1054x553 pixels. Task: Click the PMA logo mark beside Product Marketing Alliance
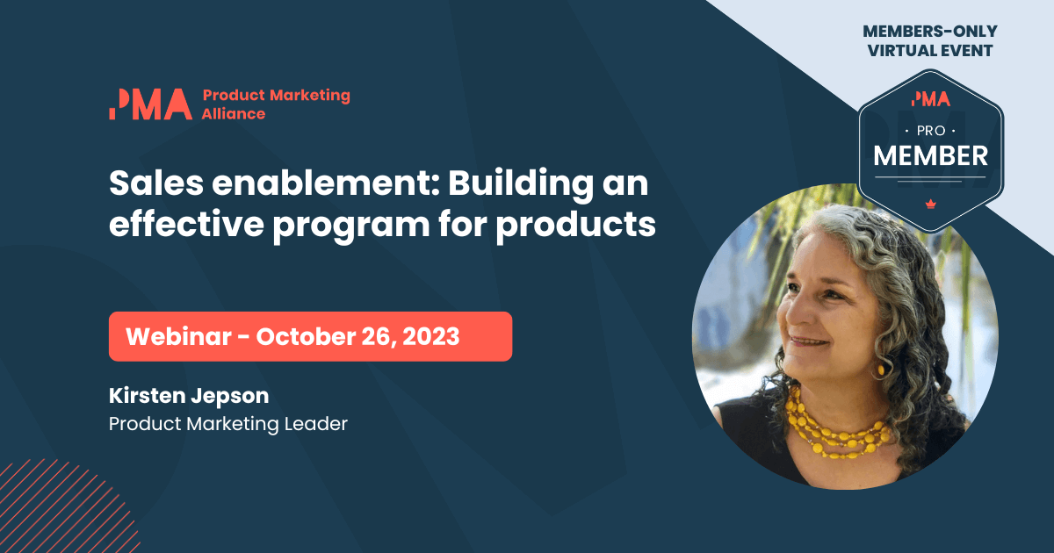[150, 104]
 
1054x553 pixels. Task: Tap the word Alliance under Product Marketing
[234, 113]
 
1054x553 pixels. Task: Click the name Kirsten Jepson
[189, 396]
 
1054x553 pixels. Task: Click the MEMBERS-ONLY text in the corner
[930, 32]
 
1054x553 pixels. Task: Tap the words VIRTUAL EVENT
[930, 51]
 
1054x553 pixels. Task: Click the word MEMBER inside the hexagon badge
[930, 156]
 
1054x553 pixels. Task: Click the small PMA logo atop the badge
[931, 98]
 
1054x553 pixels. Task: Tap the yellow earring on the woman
[879, 370]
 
